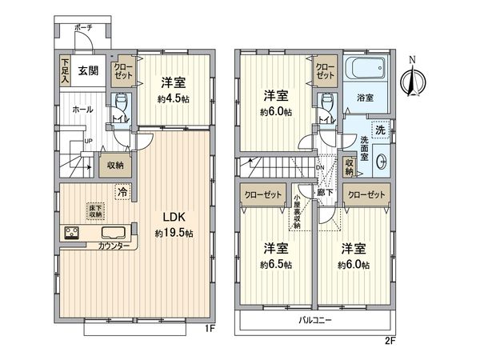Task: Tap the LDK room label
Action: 177,216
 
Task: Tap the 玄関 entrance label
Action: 87,70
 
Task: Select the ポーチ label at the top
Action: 84,28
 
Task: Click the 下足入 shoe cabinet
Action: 66,70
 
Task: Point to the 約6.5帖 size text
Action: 274,264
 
